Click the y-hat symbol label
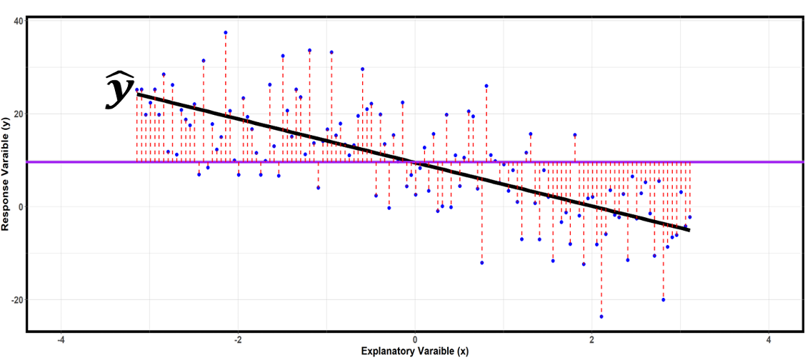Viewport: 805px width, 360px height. pos(119,90)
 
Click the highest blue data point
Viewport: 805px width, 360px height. pos(226,32)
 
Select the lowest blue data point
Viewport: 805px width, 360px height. pos(601,316)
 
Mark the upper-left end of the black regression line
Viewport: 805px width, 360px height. pos(138,93)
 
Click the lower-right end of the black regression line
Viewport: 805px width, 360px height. pos(689,230)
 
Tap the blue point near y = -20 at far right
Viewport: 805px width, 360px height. pos(664,300)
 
